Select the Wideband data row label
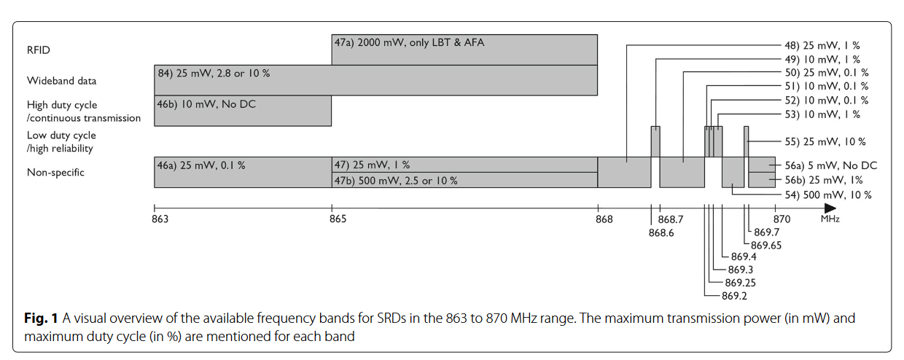click(61, 80)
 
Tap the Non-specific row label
click(55, 173)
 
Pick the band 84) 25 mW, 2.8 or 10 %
click(375, 80)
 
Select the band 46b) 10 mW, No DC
click(243, 111)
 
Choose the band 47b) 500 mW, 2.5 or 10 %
click(464, 180)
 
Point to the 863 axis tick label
click(159, 219)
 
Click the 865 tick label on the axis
click(338, 219)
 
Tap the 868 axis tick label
click(603, 219)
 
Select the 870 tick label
click(782, 219)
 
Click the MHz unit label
click(830, 219)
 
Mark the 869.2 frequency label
click(734, 295)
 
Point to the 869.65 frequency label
click(765, 245)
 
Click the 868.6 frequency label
click(661, 232)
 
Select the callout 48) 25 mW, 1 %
click(822, 45)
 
